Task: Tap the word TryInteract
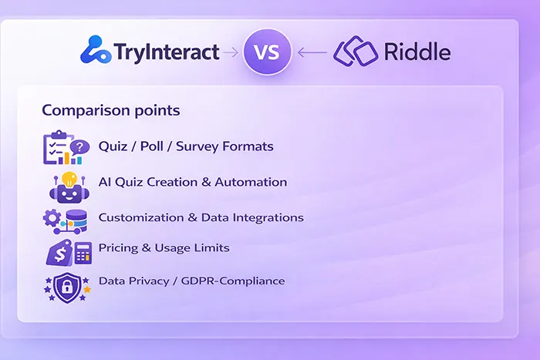point(166,52)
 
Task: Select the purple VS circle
point(266,52)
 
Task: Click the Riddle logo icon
point(355,52)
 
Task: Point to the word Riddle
point(417,52)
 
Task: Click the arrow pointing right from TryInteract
point(229,52)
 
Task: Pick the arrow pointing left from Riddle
point(312,52)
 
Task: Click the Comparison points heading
point(110,110)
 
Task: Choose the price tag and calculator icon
point(68,251)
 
